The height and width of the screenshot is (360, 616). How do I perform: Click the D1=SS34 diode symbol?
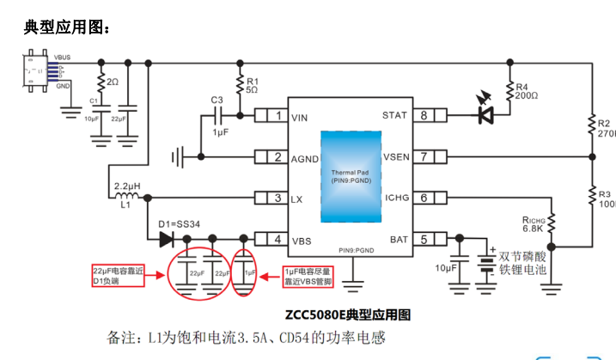(x=164, y=240)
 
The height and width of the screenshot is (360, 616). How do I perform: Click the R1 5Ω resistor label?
(x=252, y=84)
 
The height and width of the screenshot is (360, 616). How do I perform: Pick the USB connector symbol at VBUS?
(x=38, y=71)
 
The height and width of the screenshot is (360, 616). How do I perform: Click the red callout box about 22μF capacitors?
(x=119, y=276)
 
